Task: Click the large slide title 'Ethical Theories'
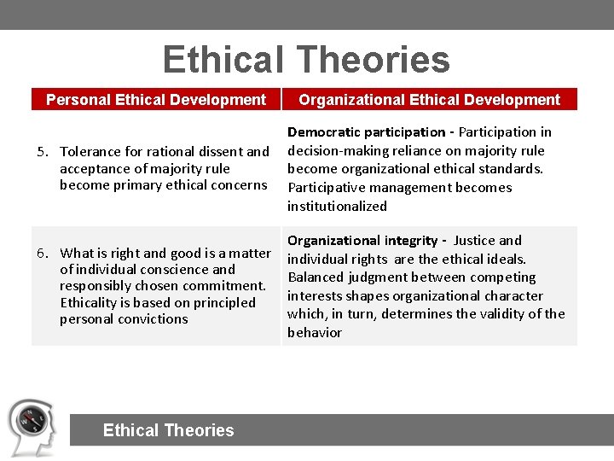tap(306, 60)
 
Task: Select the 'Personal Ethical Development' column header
tap(156, 100)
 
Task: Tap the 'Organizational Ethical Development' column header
tap(429, 100)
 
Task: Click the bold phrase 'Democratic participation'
tap(366, 132)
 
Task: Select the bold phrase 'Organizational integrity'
tap(362, 241)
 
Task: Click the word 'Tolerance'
tap(90, 152)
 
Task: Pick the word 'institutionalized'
tap(337, 206)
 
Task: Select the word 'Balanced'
tap(315, 277)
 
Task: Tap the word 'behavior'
tap(315, 333)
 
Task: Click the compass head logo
tap(32, 427)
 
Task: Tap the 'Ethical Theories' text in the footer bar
tap(168, 430)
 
